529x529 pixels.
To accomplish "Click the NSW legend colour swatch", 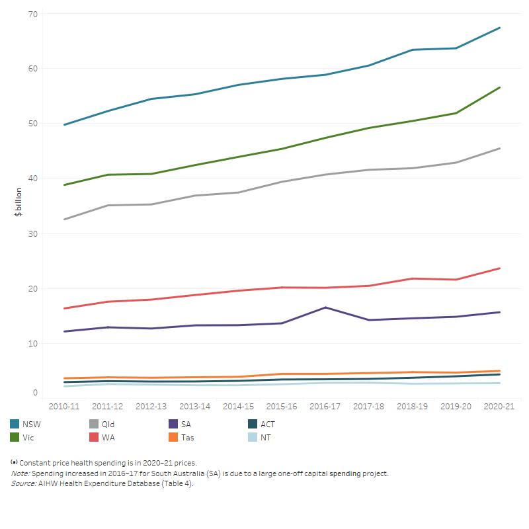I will point(15,424).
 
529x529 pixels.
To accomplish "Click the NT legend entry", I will point(265,437).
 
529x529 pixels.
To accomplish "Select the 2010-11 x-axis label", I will point(64,407).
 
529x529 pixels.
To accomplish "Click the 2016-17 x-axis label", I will point(325,407).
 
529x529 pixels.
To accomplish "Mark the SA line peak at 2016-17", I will point(325,307).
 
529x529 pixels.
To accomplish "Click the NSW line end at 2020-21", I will point(499,28).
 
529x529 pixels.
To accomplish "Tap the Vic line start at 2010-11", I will point(64,184).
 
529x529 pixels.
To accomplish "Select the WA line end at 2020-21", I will point(499,268).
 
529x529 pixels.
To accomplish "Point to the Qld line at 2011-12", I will point(108,205).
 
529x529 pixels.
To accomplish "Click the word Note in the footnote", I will point(20,473).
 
